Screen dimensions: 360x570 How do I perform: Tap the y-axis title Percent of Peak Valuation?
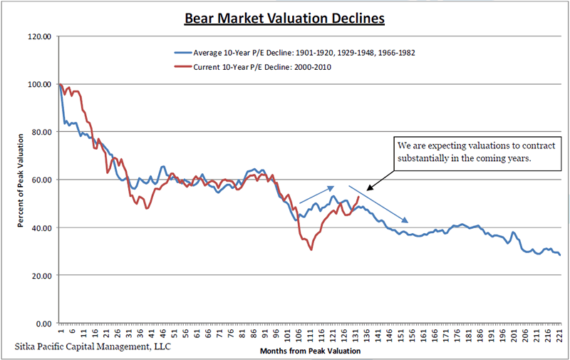(x=22, y=180)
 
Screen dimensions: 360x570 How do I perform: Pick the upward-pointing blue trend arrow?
(x=316, y=195)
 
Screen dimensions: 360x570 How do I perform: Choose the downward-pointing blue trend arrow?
(x=378, y=205)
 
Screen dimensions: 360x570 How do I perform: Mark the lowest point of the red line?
(x=311, y=250)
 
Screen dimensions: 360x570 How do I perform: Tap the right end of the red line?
(x=358, y=196)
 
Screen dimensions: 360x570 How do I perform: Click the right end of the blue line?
(x=560, y=255)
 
